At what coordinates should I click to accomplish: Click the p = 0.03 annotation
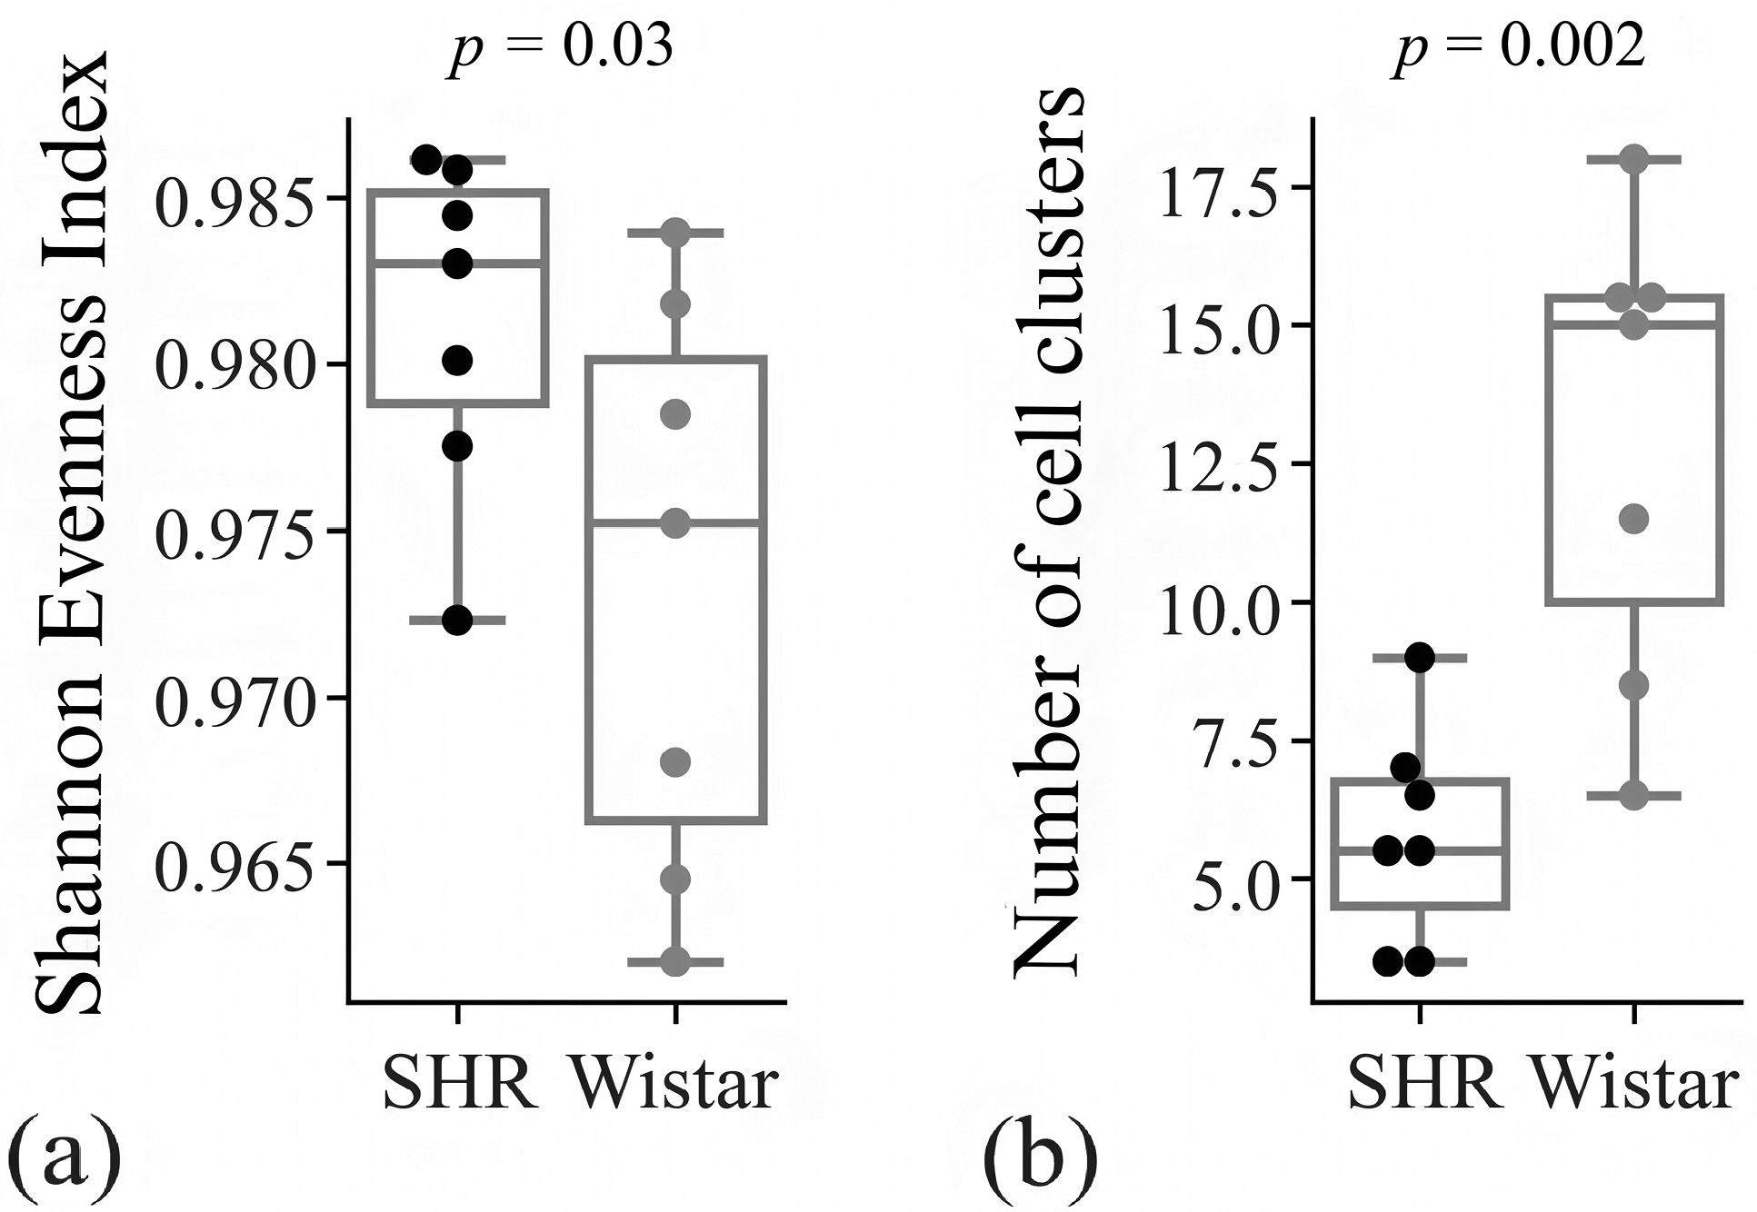562,45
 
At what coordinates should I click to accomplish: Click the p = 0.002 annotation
1519,45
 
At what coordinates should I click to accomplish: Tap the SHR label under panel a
459,1084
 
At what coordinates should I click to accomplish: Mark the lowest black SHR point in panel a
457,621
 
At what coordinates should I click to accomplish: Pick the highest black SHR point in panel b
1419,657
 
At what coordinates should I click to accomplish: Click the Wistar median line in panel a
675,523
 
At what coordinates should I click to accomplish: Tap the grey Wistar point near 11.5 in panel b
1634,520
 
